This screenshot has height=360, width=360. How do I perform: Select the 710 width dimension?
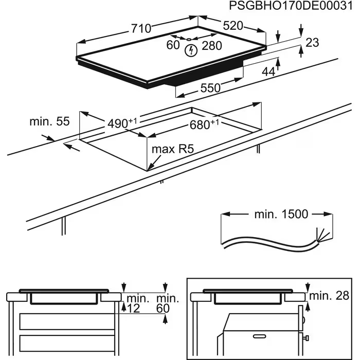coord(140,29)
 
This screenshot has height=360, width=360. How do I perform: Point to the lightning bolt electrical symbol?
coord(191,50)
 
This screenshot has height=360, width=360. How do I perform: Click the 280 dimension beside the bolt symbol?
coord(211,46)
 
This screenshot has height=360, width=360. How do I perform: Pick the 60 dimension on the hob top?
coord(173,45)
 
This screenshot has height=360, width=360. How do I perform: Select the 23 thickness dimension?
coord(312,43)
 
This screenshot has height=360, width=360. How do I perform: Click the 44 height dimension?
coord(268,72)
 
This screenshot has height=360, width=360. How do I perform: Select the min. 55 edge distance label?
coord(49,121)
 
